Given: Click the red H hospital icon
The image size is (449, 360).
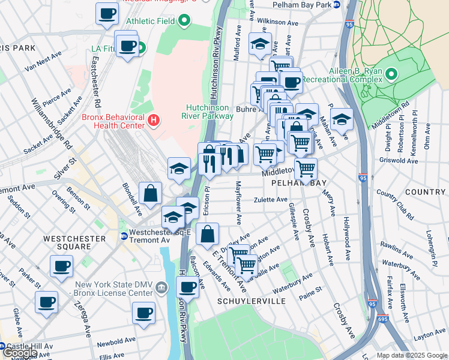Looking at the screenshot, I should click(x=154, y=121).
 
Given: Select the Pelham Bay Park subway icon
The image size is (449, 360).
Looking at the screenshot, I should click(x=337, y=5).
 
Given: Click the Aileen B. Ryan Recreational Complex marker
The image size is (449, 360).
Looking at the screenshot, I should click(x=391, y=75).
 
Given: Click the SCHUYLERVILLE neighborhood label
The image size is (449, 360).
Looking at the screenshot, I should click(x=252, y=301).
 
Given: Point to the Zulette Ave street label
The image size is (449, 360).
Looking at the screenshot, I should click(x=271, y=200).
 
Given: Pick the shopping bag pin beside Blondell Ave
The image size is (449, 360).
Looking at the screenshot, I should click(x=150, y=194).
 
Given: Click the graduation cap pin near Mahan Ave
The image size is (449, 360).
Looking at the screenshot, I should click(x=342, y=118).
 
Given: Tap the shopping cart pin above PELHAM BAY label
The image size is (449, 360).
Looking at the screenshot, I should click(x=306, y=169).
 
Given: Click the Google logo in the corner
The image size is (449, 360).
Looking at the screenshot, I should click(x=20, y=353).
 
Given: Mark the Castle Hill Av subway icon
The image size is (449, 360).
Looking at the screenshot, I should click(x=2, y=347).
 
